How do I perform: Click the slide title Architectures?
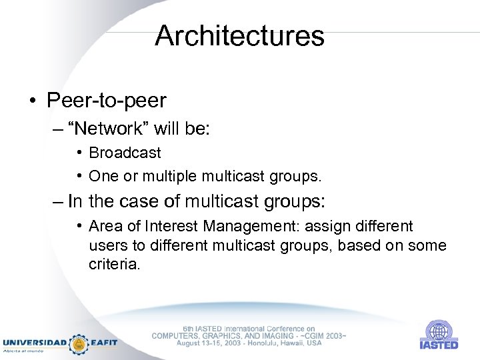tap(239, 36)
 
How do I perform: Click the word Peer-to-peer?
tap(106, 101)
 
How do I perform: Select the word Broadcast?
tap(125, 153)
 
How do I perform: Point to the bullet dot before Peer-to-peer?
tap(31, 101)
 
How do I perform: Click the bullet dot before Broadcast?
tap(79, 153)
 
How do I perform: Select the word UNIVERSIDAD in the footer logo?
tap(35, 343)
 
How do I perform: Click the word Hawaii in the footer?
tap(289, 343)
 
